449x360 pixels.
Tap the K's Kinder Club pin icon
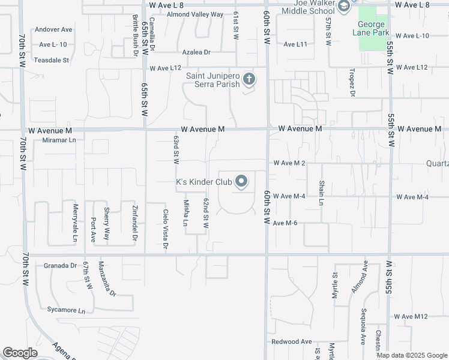(x=241, y=181)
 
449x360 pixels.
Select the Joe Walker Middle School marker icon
(x=344, y=7)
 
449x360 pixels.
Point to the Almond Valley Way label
(x=194, y=14)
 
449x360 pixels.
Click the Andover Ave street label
(x=53, y=29)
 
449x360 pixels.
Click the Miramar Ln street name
(x=59, y=140)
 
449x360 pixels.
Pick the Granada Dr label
(x=61, y=265)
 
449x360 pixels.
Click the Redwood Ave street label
(x=291, y=341)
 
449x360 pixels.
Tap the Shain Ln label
(x=321, y=193)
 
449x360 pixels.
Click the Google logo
(x=20, y=353)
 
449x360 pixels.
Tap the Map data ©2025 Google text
(x=411, y=355)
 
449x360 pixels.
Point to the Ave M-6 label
(x=285, y=223)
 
